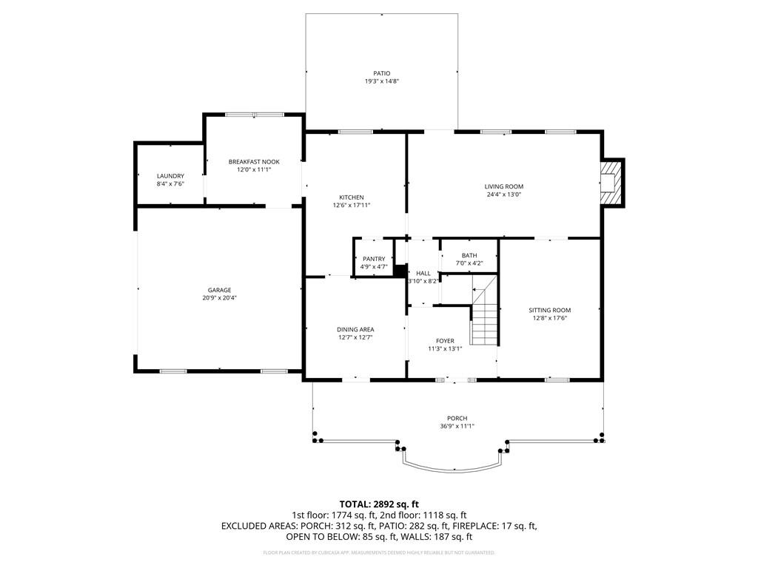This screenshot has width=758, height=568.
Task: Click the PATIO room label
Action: click(381, 73)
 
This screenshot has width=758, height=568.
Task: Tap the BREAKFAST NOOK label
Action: click(254, 162)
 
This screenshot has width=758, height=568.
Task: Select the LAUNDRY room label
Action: click(170, 176)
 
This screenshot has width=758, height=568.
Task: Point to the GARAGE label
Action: click(219, 290)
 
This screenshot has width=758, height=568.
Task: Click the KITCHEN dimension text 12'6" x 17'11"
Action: click(352, 206)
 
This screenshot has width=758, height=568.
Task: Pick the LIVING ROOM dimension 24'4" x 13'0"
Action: click(503, 195)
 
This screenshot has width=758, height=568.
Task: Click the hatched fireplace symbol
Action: click(611, 183)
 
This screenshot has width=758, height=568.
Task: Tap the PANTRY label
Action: click(374, 259)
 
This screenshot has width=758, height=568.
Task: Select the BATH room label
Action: click(469, 255)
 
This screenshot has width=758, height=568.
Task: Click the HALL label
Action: click(423, 274)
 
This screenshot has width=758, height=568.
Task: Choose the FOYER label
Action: click(445, 341)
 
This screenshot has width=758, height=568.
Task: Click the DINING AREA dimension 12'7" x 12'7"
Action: click(355, 337)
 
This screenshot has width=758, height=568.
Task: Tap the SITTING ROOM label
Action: click(550, 310)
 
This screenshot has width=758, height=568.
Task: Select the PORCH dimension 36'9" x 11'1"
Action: click(457, 427)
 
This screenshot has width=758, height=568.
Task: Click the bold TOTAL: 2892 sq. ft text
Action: click(379, 504)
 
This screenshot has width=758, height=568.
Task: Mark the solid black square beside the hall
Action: click(400, 271)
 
